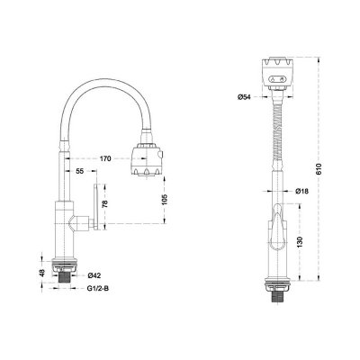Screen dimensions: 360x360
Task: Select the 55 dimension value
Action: tap(80, 171)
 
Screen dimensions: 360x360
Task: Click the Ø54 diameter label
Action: tap(243, 96)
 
